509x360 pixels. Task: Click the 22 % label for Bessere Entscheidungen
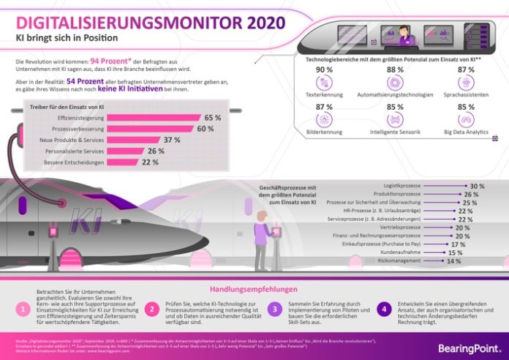pos(150,162)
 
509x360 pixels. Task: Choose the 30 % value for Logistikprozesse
pos(478,187)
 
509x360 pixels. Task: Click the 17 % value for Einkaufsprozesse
pos(458,244)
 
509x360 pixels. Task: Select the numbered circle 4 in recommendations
pos(382,310)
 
